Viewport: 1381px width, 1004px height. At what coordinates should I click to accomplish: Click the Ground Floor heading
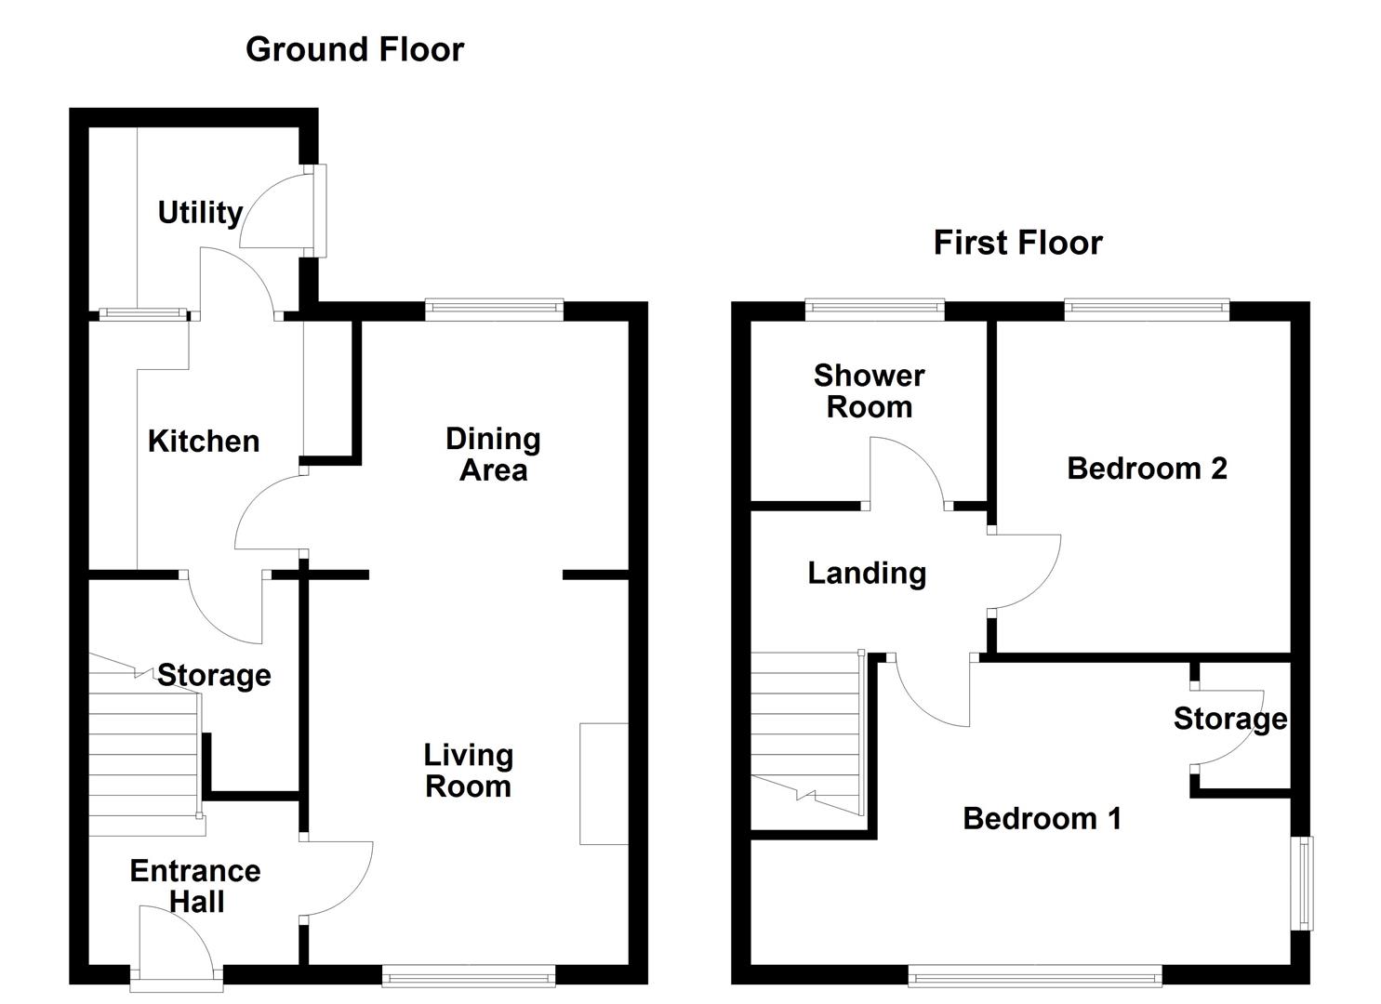[354, 49]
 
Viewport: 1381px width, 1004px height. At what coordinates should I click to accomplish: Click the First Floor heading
[1018, 243]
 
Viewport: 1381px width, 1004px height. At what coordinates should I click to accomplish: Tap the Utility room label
[200, 213]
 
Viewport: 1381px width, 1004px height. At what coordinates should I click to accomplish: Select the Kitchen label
[204, 442]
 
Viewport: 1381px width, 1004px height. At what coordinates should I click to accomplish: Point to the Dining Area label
[493, 455]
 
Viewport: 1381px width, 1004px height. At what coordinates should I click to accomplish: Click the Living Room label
[469, 771]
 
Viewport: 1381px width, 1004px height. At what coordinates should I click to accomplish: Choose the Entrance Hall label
[195, 886]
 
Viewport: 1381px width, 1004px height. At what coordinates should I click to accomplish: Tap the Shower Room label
[870, 391]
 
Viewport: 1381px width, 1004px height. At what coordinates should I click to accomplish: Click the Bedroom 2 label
[1147, 469]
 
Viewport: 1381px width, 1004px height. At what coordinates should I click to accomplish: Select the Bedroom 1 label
[1042, 818]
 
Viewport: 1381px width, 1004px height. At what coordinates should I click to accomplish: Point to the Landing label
[867, 574]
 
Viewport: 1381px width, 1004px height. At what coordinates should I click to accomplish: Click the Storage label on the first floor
[1230, 719]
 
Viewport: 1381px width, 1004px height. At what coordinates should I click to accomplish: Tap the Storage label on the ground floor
[214, 676]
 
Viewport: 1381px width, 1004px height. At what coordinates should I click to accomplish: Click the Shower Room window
[875, 309]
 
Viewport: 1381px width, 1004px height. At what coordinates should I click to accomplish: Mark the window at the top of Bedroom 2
[1147, 309]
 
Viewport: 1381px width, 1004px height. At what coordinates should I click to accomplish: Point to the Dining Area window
[495, 309]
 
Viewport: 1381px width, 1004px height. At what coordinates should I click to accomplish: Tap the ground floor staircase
[146, 745]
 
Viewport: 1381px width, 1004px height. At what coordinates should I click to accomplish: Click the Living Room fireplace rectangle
[604, 784]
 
